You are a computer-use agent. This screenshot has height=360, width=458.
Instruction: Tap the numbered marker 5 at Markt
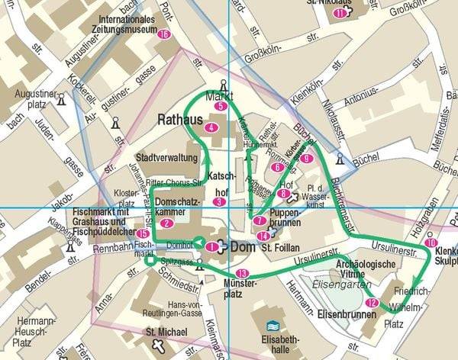click(x=221, y=107)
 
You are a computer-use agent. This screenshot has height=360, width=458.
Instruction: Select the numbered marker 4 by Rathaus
click(x=211, y=127)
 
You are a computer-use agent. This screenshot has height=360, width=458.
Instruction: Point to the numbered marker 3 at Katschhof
click(x=219, y=201)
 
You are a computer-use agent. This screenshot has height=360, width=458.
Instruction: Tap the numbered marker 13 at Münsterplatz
click(x=243, y=273)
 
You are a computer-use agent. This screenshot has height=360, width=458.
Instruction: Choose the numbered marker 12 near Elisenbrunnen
click(x=371, y=303)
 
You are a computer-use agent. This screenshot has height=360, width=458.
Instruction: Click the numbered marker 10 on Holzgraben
click(x=431, y=243)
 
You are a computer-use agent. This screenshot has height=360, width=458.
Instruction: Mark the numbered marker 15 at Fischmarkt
click(x=143, y=233)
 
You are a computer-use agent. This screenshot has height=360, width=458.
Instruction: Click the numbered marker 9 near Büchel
click(x=306, y=158)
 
